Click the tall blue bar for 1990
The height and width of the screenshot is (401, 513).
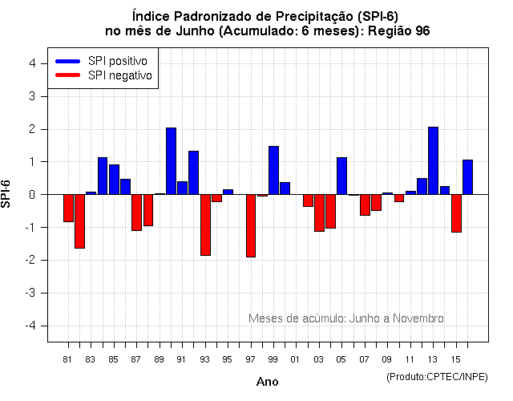point(171,160)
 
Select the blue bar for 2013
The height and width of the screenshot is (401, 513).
point(433,160)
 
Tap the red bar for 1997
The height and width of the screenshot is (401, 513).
point(251,225)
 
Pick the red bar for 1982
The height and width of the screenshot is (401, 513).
point(79,221)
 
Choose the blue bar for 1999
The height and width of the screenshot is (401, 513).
point(273,170)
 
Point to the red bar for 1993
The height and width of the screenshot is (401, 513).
point(205,225)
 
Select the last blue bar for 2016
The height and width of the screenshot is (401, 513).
point(467,176)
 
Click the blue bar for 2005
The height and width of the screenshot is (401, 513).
point(341,176)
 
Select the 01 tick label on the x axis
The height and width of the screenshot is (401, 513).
point(296,358)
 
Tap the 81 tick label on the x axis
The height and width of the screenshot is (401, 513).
point(68,358)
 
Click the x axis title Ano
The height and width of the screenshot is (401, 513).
point(267,382)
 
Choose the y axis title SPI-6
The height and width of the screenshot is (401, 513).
point(7,194)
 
